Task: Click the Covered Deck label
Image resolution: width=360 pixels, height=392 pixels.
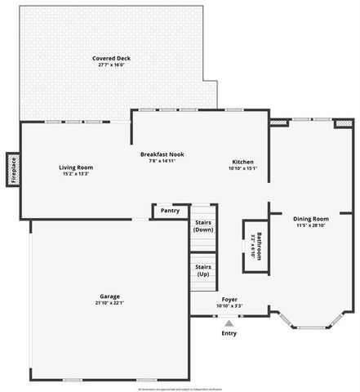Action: [112, 59]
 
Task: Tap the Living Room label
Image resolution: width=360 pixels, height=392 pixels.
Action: [76, 167]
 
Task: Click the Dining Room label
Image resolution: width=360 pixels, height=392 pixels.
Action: [310, 219]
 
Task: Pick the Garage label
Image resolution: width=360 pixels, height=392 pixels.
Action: [110, 296]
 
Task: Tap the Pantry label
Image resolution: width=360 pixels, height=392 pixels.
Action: [170, 211]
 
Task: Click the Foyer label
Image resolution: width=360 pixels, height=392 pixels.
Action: [229, 300]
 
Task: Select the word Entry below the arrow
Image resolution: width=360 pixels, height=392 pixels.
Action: [229, 333]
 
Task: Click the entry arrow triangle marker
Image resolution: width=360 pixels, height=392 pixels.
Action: [229, 323]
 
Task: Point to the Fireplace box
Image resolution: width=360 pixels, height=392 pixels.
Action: [13, 170]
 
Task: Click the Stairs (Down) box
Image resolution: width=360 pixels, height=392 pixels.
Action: [203, 225]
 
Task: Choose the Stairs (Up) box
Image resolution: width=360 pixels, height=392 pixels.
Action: [203, 270]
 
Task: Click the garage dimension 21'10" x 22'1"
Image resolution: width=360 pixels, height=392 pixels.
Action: [110, 304]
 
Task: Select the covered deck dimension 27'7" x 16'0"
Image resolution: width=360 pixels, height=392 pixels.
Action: [112, 65]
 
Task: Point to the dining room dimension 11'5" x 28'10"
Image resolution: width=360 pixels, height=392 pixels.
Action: [310, 225]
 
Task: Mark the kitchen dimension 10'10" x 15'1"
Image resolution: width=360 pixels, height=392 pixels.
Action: [242, 169]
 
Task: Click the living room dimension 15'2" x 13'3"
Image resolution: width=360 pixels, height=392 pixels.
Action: [76, 174]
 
